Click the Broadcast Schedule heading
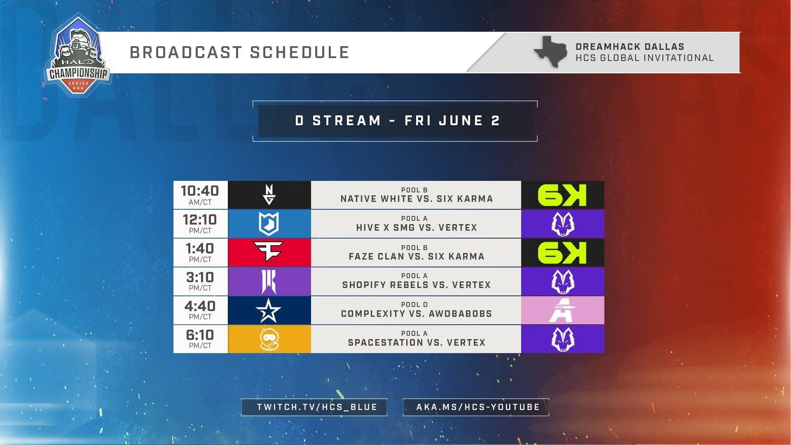pyautogui.click(x=239, y=53)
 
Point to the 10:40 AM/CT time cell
pyautogui.click(x=200, y=195)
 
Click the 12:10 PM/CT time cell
pyautogui.click(x=200, y=224)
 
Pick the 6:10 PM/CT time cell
pyautogui.click(x=200, y=339)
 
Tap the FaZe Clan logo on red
pyautogui.click(x=269, y=252)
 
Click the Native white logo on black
pyautogui.click(x=269, y=195)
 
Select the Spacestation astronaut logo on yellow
pyautogui.click(x=269, y=339)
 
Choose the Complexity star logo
pyautogui.click(x=269, y=310)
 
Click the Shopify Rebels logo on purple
pyautogui.click(x=269, y=281)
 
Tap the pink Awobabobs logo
pyautogui.click(x=562, y=310)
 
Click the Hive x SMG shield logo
pyautogui.click(x=269, y=224)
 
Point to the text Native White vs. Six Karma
pyautogui.click(x=417, y=199)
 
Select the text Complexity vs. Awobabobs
pyautogui.click(x=417, y=314)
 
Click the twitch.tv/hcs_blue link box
pyautogui.click(x=314, y=407)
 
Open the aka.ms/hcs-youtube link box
pyautogui.click(x=476, y=407)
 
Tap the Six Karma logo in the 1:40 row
pyautogui.click(x=562, y=252)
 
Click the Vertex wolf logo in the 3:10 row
pyautogui.click(x=562, y=281)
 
